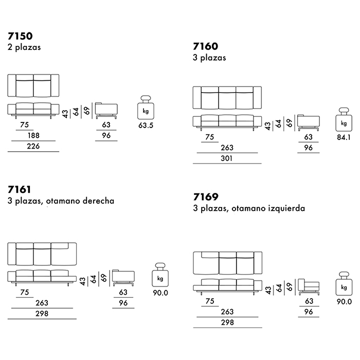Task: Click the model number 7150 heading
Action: click(x=20, y=36)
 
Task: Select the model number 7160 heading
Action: click(x=205, y=47)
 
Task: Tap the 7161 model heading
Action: click(x=20, y=189)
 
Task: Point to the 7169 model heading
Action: click(x=205, y=197)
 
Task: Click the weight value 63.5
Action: click(x=147, y=125)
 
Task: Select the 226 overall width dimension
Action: click(x=34, y=147)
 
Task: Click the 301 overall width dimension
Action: click(x=226, y=159)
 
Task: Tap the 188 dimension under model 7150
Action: click(x=34, y=136)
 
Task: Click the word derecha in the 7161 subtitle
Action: click(x=96, y=201)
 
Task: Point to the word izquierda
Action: click(x=285, y=209)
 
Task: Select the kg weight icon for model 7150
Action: click(x=147, y=109)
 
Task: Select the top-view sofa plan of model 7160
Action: click(x=227, y=98)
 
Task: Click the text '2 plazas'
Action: click(x=24, y=47)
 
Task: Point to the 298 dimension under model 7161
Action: click(x=42, y=314)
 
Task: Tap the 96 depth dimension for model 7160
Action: click(x=309, y=148)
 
